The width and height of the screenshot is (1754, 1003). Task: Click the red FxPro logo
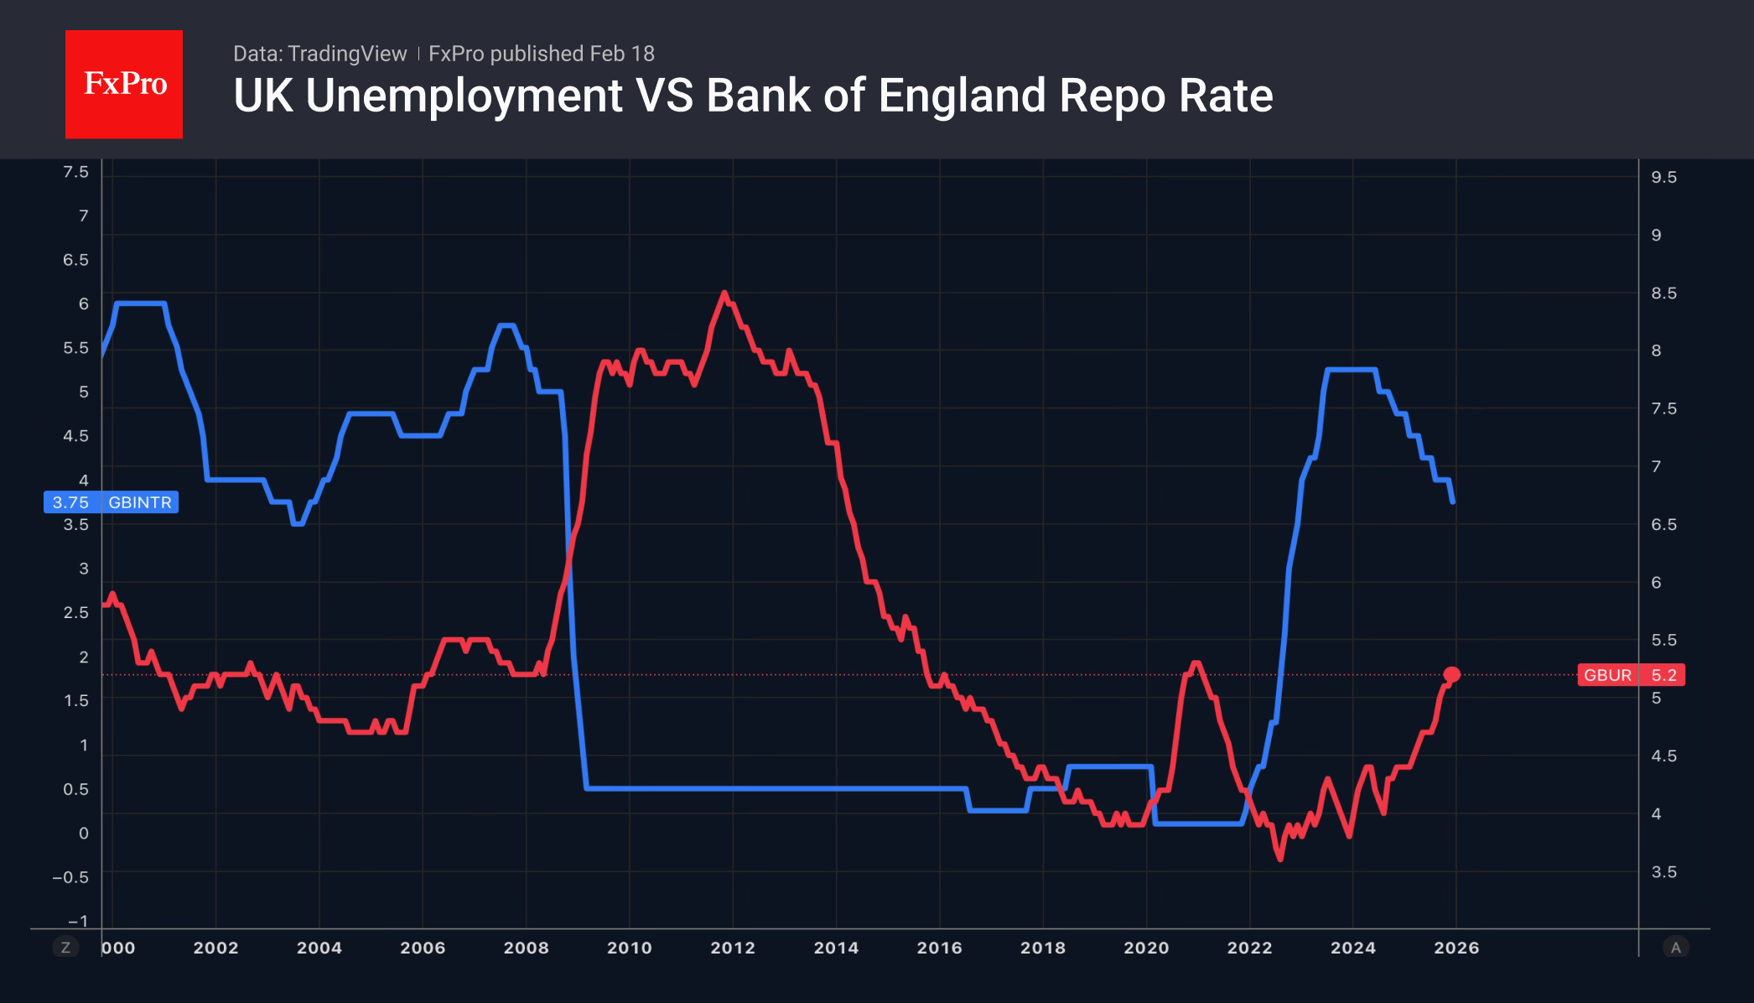click(x=124, y=84)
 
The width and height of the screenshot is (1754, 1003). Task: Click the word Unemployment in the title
click(x=464, y=96)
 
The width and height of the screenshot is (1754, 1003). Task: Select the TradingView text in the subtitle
click(x=346, y=54)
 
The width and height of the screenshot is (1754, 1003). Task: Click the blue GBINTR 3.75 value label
click(x=111, y=502)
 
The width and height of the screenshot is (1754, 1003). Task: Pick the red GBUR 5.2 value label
click(x=1631, y=675)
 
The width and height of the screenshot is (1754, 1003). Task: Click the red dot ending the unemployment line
click(x=1452, y=674)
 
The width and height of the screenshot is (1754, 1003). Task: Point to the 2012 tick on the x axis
click(x=733, y=948)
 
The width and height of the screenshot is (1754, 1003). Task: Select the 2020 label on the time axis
click(x=1146, y=948)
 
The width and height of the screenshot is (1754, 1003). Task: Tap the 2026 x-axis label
click(x=1456, y=948)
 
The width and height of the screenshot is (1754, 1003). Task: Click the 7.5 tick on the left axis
click(x=75, y=172)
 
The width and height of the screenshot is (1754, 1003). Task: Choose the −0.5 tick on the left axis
click(x=70, y=877)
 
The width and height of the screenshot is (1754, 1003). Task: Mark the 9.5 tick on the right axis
click(x=1664, y=177)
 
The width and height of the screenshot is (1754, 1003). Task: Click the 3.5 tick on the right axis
click(x=1664, y=872)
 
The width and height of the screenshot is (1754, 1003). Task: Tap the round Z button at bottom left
click(x=65, y=948)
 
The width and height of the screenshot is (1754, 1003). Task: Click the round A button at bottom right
click(x=1675, y=948)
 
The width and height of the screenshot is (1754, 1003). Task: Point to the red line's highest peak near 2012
click(x=724, y=293)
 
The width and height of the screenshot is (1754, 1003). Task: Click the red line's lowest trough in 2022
click(x=1280, y=858)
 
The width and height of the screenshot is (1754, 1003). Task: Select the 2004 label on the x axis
click(x=319, y=948)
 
